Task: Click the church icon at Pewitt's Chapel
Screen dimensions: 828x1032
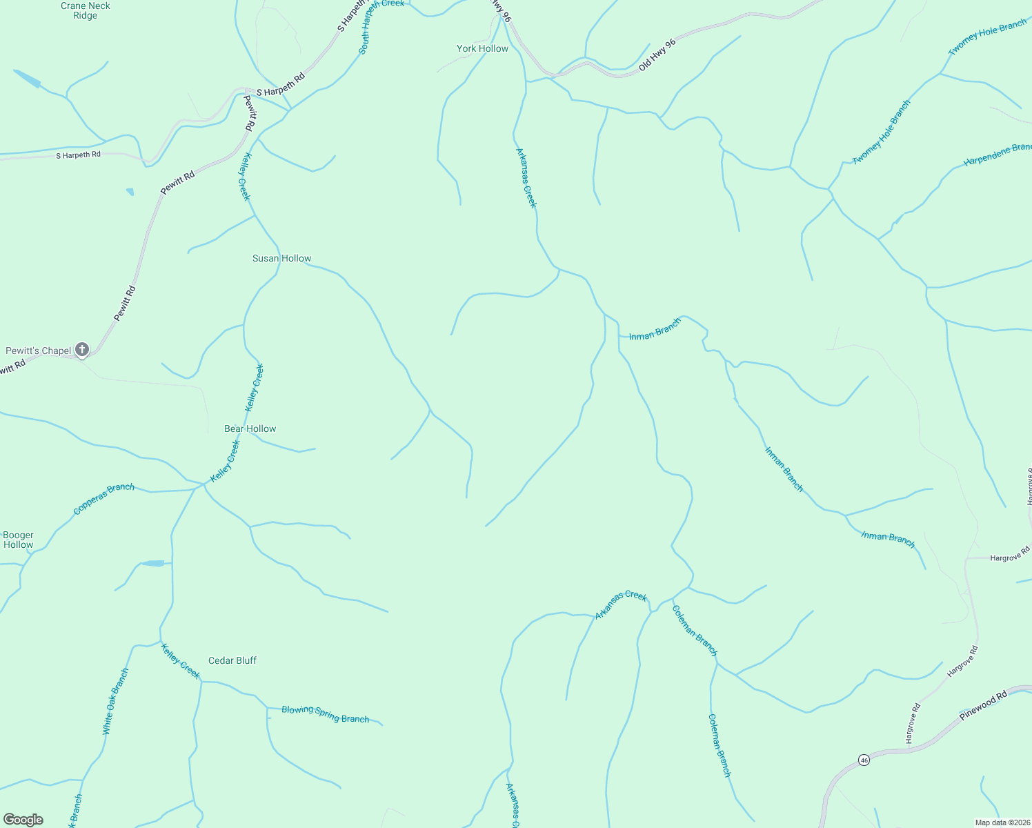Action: (82, 350)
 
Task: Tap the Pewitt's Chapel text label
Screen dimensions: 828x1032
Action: (39, 351)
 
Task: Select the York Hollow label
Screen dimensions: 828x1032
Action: (482, 48)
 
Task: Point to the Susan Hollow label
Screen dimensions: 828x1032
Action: (281, 258)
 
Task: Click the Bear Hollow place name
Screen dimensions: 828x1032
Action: (250, 428)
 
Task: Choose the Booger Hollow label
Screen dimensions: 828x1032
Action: (18, 540)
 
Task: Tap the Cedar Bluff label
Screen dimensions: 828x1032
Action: (232, 660)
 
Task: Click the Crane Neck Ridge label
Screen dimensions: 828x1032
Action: (86, 10)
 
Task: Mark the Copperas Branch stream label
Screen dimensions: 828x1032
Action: (103, 499)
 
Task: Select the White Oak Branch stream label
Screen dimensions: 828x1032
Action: (115, 701)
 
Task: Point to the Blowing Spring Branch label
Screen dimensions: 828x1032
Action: (325, 714)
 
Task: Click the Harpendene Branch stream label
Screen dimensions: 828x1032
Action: (998, 154)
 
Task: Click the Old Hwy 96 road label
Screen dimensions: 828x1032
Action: (657, 55)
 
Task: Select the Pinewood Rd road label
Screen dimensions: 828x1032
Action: (983, 704)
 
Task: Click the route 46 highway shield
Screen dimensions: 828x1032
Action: (864, 760)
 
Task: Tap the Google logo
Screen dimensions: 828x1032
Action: (23, 820)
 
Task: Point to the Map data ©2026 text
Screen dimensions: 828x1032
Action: (1002, 822)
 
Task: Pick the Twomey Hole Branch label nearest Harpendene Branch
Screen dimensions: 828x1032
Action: (882, 132)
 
